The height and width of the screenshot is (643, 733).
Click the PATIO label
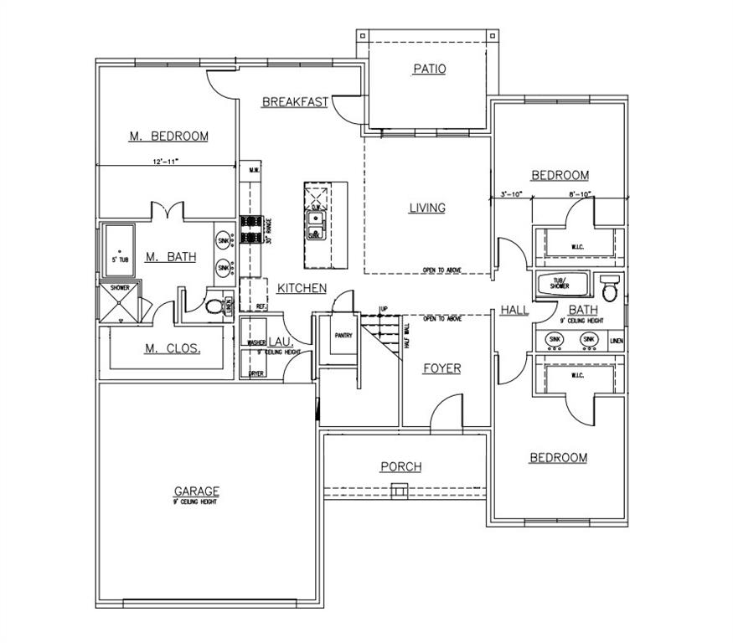click(x=429, y=69)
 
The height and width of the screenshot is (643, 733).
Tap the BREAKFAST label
click(x=295, y=102)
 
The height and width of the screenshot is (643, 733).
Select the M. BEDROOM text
click(x=168, y=136)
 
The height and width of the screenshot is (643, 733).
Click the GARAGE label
click(x=196, y=491)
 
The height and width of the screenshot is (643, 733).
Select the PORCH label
click(x=400, y=466)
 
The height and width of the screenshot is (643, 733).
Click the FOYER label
click(x=441, y=368)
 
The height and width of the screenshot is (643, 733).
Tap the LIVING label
click(x=427, y=208)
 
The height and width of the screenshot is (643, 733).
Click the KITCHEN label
click(x=302, y=288)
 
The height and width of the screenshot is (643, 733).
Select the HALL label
click(x=514, y=310)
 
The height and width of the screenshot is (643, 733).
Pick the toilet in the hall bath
click(x=610, y=289)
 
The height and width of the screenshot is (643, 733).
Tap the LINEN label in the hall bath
click(x=617, y=341)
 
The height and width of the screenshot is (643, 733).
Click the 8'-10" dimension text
click(x=579, y=193)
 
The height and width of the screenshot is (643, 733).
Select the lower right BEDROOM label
click(x=558, y=458)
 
